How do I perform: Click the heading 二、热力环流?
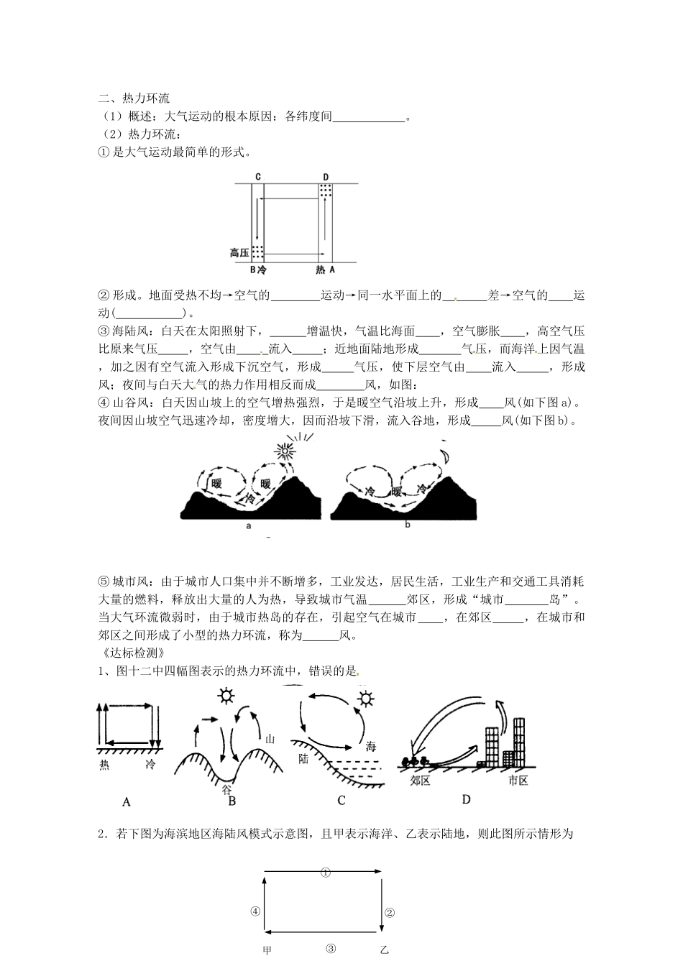coord(134,98)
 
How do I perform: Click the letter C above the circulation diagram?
coord(257,177)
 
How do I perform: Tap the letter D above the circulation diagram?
coord(326,177)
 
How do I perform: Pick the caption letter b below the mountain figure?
coord(407,525)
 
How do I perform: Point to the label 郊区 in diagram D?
coord(420,781)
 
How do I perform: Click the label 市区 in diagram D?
coord(518,781)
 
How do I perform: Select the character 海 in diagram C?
coord(371,746)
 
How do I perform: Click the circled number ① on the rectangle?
coord(325,873)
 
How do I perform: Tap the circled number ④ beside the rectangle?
coord(255,911)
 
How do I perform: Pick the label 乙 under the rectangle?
coord(384,951)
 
